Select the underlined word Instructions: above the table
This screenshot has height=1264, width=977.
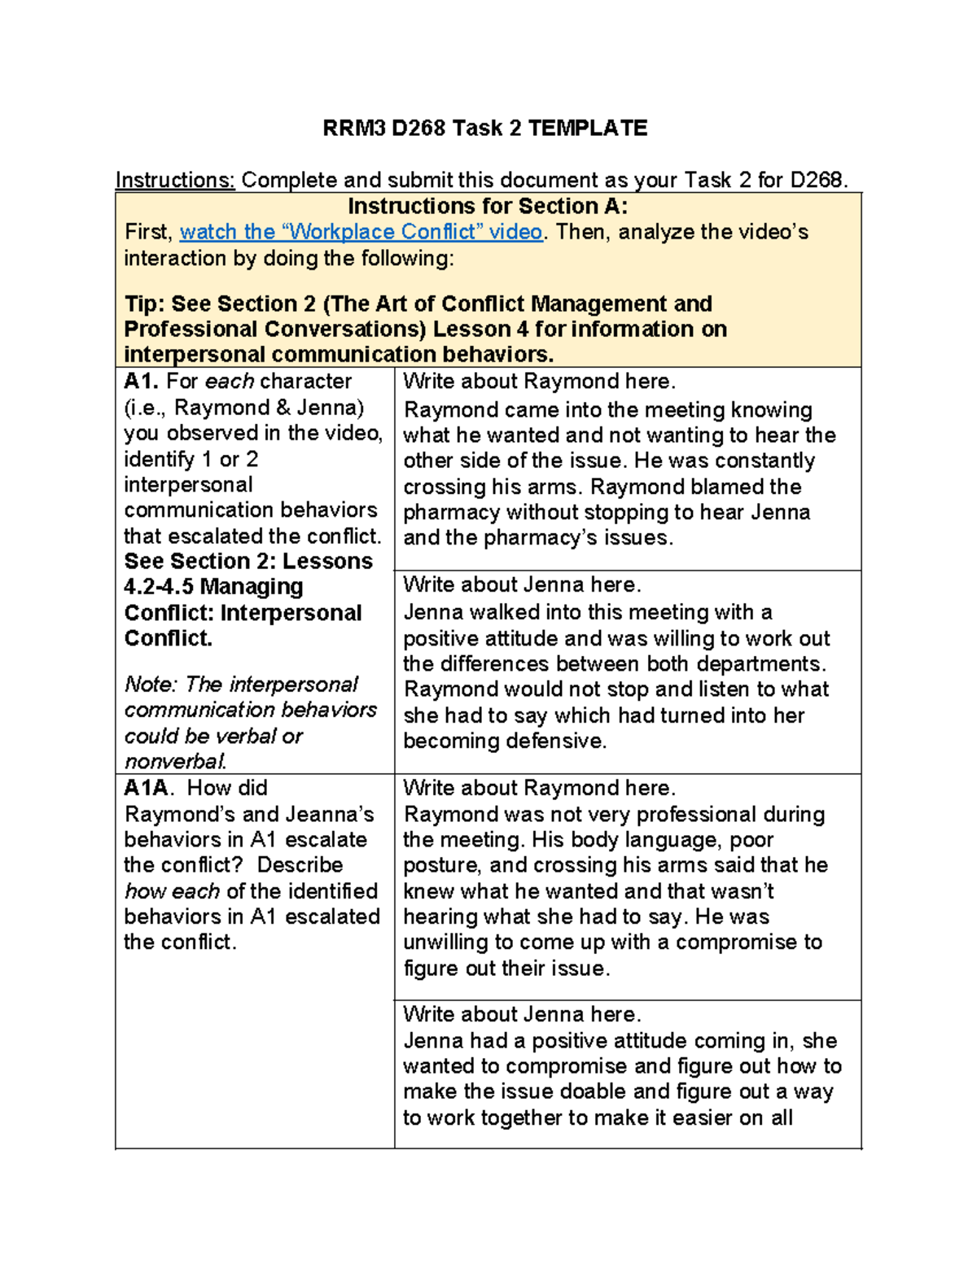coord(175,180)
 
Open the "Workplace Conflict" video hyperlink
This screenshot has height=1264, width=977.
coord(361,232)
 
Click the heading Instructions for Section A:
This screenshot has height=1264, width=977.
coord(488,206)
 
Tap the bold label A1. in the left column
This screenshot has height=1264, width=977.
coord(142,381)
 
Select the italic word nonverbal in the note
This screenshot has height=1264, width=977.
coord(174,762)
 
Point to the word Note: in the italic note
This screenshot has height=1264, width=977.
coord(151,684)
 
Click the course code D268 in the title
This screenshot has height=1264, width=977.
coord(418,129)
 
